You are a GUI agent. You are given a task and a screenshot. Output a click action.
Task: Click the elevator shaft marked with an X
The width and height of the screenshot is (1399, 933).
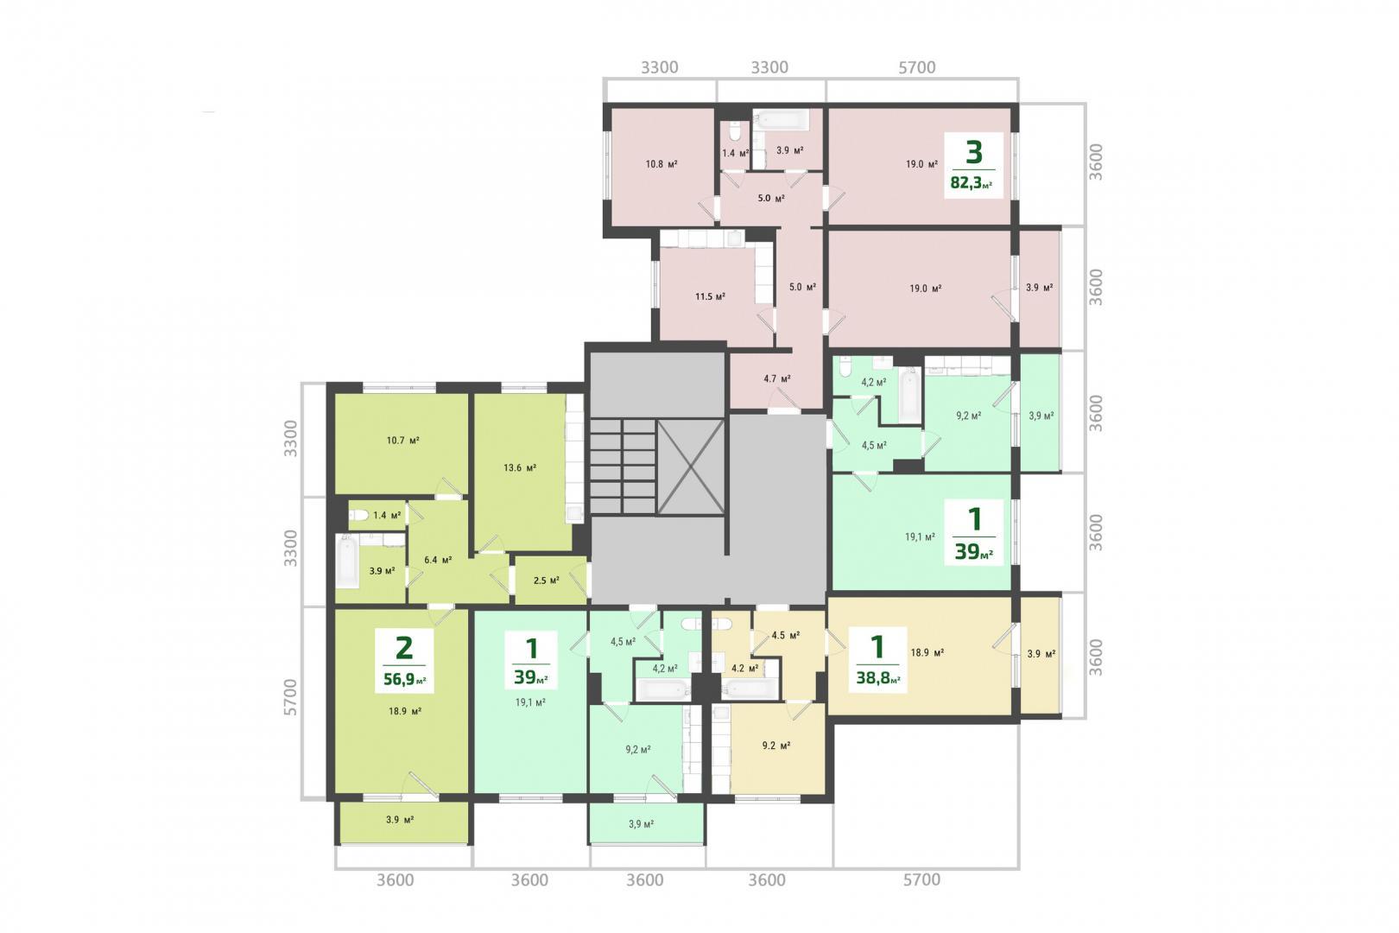tap(691, 466)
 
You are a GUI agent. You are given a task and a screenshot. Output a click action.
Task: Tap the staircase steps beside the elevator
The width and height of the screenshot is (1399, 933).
tap(623, 466)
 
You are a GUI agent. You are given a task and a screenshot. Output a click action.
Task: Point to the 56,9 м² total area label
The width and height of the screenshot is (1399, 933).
tap(405, 679)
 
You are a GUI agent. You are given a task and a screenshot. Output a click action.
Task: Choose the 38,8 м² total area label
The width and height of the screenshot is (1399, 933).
tap(878, 676)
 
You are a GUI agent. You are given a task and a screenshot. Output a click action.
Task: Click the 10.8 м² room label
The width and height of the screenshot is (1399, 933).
tap(662, 164)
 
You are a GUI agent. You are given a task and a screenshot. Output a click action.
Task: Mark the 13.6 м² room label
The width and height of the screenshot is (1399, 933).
tap(520, 467)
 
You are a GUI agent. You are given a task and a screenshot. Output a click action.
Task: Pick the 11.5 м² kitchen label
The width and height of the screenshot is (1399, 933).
tap(710, 296)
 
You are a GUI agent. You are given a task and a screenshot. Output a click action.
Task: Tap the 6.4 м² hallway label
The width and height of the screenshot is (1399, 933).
tap(438, 560)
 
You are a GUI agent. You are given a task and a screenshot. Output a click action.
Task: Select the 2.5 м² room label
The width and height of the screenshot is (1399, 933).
tap(546, 581)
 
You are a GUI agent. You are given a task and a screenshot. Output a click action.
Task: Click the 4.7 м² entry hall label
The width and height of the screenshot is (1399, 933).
tap(777, 378)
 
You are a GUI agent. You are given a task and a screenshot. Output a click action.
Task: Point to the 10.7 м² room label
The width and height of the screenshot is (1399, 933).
tap(402, 441)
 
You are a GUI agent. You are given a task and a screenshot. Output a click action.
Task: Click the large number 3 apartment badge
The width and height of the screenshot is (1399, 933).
tap(973, 152)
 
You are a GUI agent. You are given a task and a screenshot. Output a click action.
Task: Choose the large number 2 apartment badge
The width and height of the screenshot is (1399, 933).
tap(404, 648)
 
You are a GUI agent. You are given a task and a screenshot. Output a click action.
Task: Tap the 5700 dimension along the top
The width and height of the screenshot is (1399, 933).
tap(917, 67)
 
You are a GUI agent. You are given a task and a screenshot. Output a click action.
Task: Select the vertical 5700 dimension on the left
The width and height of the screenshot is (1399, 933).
tap(291, 697)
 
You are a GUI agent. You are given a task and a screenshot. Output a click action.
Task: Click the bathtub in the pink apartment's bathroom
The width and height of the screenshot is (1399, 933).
tap(781, 118)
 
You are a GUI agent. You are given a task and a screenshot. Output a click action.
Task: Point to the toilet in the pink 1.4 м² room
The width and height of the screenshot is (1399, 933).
tap(734, 131)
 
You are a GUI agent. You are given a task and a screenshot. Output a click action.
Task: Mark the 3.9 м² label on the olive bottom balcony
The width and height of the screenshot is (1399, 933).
tap(400, 820)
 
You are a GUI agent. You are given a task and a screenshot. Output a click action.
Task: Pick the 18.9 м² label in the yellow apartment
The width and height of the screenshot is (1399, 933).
tap(927, 653)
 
